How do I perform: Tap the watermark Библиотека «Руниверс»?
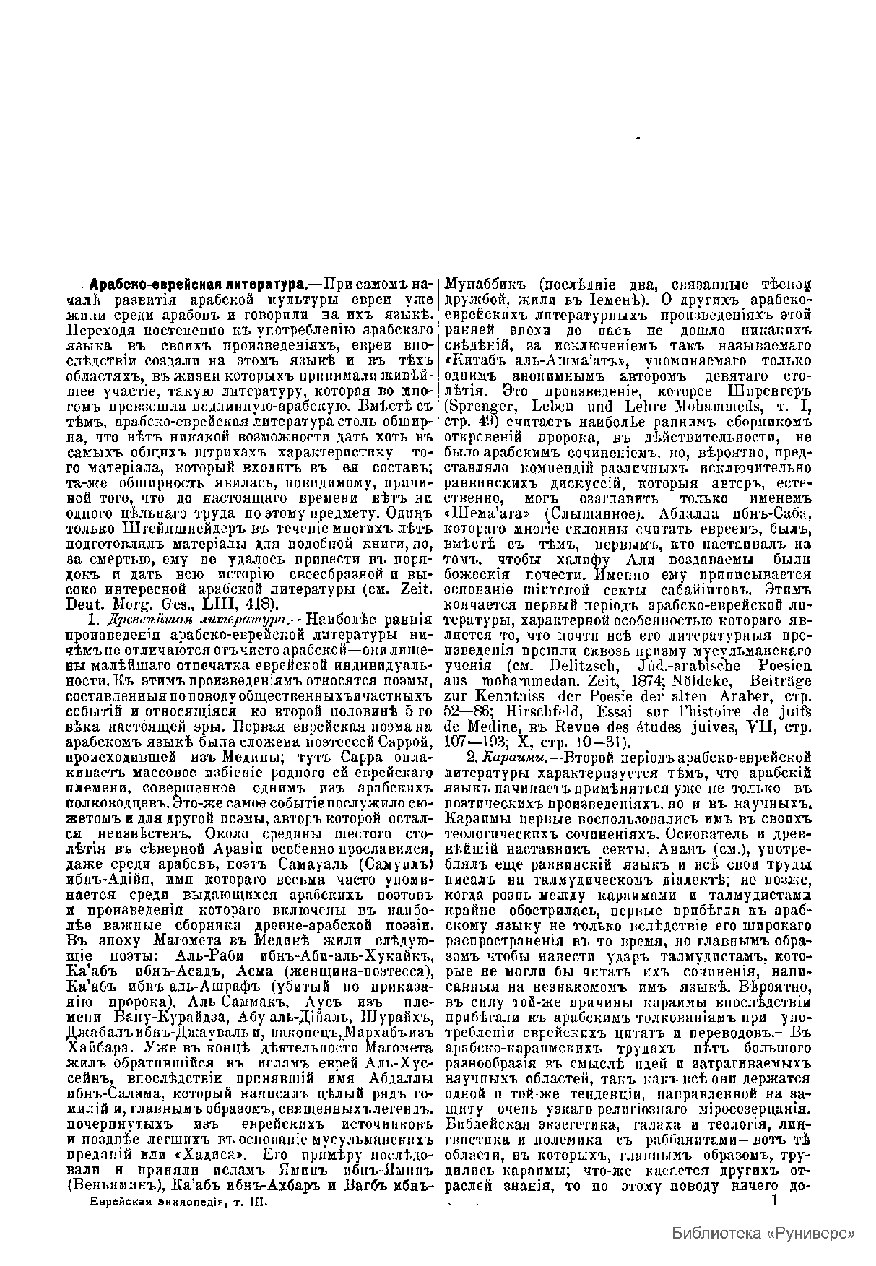click(764, 1232)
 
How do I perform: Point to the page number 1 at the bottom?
click(776, 1200)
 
